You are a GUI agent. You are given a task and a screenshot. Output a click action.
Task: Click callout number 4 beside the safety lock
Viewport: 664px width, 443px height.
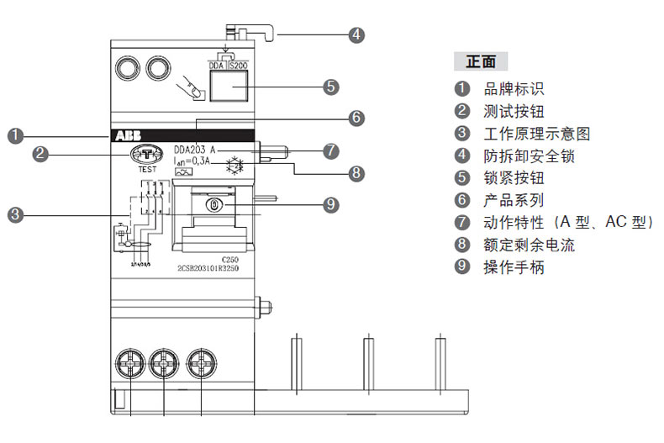click(x=356, y=35)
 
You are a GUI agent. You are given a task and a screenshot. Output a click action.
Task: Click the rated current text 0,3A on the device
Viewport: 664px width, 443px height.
click(x=198, y=161)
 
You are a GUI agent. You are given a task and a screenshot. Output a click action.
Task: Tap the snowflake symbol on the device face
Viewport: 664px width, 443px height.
click(x=235, y=162)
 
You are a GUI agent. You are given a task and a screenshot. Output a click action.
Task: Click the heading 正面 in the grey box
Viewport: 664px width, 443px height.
click(x=481, y=61)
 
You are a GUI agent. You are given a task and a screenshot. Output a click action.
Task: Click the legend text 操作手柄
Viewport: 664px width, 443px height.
click(x=514, y=267)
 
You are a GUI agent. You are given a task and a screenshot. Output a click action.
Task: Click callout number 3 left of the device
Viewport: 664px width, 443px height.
click(x=14, y=215)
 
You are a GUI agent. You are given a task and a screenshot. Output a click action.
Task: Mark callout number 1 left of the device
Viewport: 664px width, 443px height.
click(x=14, y=135)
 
